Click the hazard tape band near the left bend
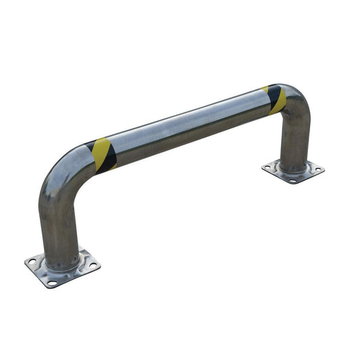click(102, 155)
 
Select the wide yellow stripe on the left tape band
click(103, 154)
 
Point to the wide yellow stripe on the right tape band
click(279, 102)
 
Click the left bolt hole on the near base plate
click(32, 261)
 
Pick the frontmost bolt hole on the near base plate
click(53, 283)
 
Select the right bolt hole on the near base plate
click(92, 265)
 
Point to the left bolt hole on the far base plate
click(270, 166)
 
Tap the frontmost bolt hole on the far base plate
click(292, 180)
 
